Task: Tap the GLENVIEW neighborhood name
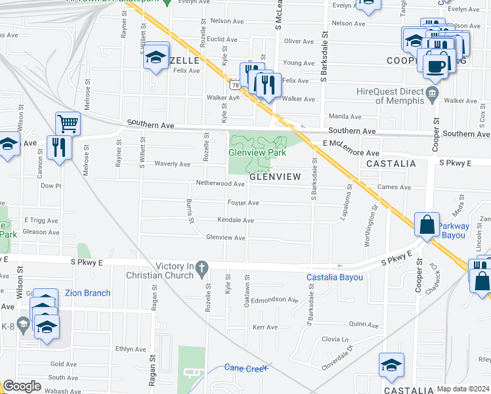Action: coord(274,177)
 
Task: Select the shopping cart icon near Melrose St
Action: coord(68,122)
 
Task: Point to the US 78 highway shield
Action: coord(235,84)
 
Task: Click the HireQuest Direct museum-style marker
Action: coord(432,93)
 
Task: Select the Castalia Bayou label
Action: coord(335,278)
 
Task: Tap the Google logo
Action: coord(22,386)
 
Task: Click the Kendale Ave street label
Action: coord(236,220)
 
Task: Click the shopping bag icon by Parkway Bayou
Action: coord(427,225)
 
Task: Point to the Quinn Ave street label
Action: coord(365,324)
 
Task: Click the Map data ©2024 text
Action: coord(463,389)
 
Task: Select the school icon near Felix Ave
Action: coord(156,57)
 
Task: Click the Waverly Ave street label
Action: coord(172,164)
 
